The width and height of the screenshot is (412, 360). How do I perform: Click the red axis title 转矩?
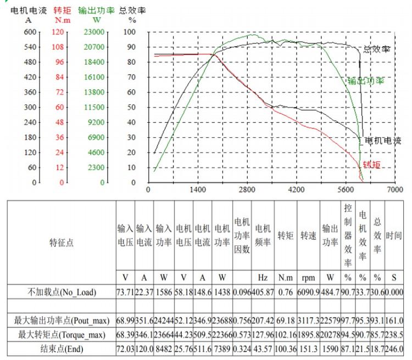tap(62, 10)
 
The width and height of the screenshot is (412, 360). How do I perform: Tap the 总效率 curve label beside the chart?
tap(377, 49)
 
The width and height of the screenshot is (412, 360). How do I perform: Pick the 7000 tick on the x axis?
tap(395, 190)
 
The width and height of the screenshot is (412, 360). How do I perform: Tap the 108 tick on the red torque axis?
tap(58, 47)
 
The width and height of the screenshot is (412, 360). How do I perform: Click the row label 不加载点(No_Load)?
tap(62, 292)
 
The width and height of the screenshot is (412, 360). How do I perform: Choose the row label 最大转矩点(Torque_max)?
tap(62, 334)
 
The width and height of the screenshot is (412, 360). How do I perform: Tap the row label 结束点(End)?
tap(62, 348)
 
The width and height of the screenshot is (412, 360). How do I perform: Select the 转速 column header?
tap(308, 236)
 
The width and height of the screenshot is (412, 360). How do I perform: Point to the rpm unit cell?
tap(308, 278)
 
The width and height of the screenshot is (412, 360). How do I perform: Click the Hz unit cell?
tap(263, 278)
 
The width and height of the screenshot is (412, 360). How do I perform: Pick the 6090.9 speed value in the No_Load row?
tap(308, 292)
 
